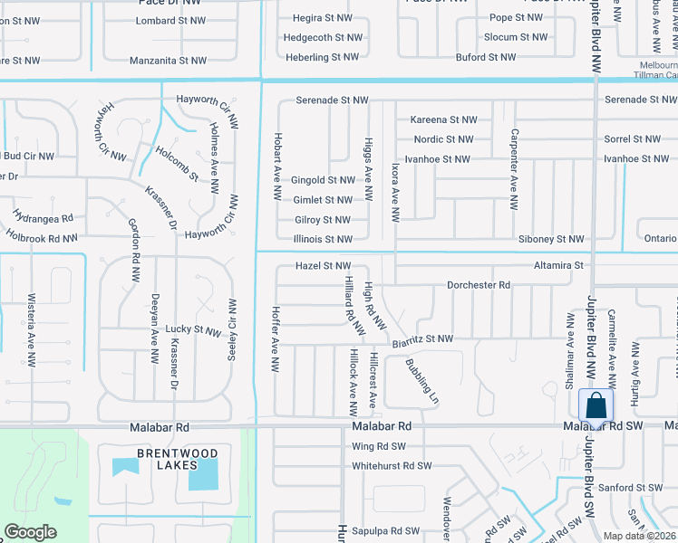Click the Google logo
[x=30, y=532]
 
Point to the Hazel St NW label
[x=323, y=265]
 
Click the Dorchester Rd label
[x=479, y=285]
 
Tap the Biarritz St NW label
[x=422, y=339]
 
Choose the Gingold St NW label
[x=323, y=180]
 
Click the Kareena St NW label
[x=443, y=119]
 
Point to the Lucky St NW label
[x=194, y=331]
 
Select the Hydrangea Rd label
[x=43, y=218]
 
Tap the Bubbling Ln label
[x=421, y=382]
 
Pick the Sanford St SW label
[x=640, y=487]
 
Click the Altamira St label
[x=559, y=265]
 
